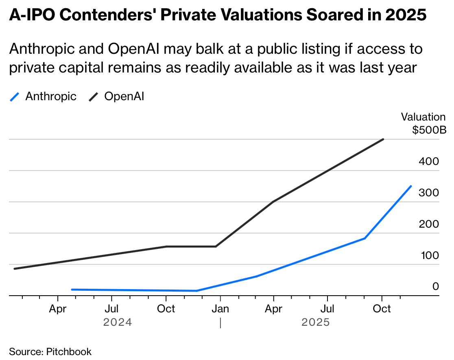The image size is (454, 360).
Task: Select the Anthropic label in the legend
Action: tap(51, 97)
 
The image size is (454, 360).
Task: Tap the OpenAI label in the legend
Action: tap(124, 97)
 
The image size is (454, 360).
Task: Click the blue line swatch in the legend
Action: tap(14, 97)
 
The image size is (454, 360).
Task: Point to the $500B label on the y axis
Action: tap(429, 130)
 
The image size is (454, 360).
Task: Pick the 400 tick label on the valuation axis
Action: tap(429, 161)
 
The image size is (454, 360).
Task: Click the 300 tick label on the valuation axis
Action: tap(429, 193)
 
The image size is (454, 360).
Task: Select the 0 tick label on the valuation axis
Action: tap(435, 286)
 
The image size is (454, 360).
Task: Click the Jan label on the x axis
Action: tap(220, 309)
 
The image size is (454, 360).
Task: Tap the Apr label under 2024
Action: tap(58, 309)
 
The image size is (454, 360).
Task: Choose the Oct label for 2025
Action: tap(382, 309)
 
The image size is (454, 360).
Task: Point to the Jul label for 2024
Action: tap(111, 309)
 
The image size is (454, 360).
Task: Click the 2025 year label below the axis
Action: tap(316, 323)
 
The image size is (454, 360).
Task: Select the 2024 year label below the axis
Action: tap(118, 323)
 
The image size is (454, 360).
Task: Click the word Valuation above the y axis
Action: tap(423, 117)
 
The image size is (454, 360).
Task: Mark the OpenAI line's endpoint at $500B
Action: tap(383, 139)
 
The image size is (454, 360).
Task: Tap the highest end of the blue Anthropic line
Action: tap(411, 186)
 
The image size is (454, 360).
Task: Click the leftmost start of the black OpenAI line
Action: tap(14, 269)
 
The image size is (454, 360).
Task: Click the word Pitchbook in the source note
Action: tap(69, 351)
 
